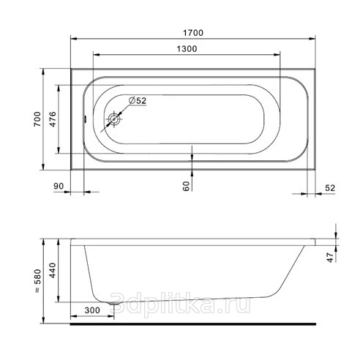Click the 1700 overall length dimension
(193, 33)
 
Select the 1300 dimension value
(187, 49)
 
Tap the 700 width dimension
(37, 119)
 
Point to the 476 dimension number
(53, 119)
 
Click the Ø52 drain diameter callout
(138, 100)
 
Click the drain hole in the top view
(114, 119)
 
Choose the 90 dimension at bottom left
(59, 186)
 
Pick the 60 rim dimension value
(186, 186)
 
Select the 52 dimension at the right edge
(330, 188)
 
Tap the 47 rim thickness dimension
(330, 258)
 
